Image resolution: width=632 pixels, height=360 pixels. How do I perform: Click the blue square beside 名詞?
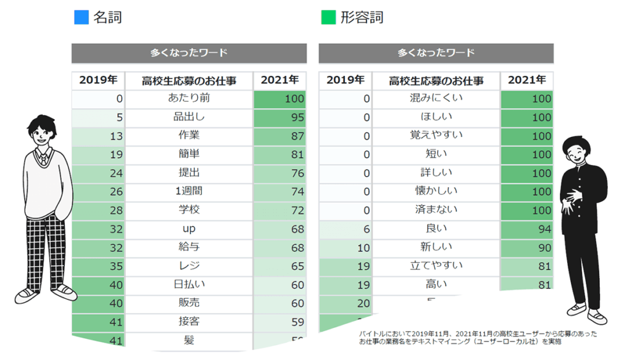click(81, 17)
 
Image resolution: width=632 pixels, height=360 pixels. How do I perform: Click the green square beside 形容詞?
click(328, 17)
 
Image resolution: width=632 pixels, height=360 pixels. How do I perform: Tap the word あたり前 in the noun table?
click(188, 98)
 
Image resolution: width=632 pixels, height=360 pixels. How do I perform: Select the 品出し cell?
click(188, 117)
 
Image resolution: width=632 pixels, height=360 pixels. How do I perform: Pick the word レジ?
click(188, 266)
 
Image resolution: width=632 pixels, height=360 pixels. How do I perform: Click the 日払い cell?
click(188, 285)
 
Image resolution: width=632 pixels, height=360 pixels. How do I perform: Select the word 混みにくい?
click(436, 98)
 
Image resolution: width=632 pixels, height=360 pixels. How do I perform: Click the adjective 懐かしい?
click(436, 191)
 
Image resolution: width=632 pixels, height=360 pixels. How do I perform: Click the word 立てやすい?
click(436, 266)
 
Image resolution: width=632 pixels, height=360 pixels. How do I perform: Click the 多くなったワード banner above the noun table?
click(189, 53)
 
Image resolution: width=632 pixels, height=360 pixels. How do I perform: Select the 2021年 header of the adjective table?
click(526, 80)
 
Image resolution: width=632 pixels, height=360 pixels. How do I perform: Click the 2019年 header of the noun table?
click(98, 80)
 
